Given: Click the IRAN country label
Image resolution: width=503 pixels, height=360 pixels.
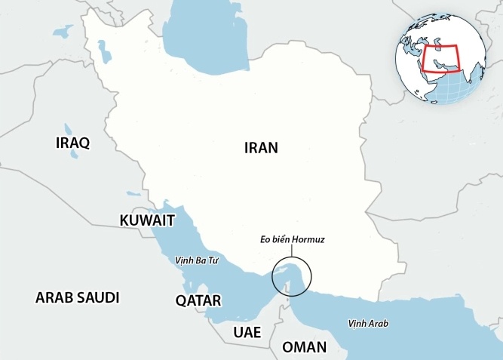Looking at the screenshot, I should click(261, 148).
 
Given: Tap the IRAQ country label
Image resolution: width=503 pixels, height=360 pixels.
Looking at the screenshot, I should click(73, 143).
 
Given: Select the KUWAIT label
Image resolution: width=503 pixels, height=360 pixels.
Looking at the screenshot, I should click(147, 220).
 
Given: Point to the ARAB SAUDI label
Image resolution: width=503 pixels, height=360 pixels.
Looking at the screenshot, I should click(78, 297).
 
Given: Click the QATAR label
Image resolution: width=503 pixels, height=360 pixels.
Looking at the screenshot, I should click(198, 300).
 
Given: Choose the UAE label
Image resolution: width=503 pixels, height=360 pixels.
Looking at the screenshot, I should click(247, 332).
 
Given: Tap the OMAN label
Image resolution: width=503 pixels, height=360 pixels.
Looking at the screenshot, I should click(304, 347).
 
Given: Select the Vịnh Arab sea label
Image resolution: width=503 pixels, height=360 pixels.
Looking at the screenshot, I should click(368, 323).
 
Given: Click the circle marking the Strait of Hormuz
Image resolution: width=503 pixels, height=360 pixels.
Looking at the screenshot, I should click(290, 276).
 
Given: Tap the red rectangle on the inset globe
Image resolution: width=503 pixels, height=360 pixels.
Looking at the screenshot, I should click(440, 57).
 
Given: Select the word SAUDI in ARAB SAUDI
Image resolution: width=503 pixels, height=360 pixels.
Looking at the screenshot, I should click(97, 297).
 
